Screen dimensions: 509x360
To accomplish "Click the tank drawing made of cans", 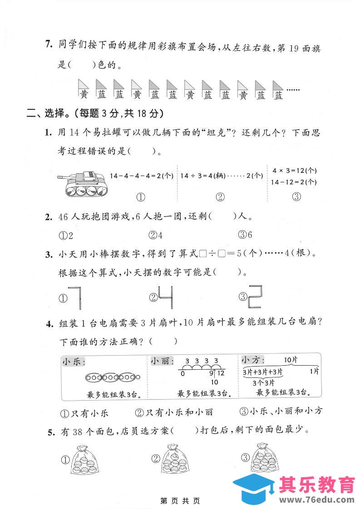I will pos(84,185).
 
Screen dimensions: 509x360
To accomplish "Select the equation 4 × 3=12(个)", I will pos(294,171).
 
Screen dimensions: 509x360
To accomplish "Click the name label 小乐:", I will pos(74,362).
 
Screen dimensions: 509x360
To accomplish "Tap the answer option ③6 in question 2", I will pos(245,235).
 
